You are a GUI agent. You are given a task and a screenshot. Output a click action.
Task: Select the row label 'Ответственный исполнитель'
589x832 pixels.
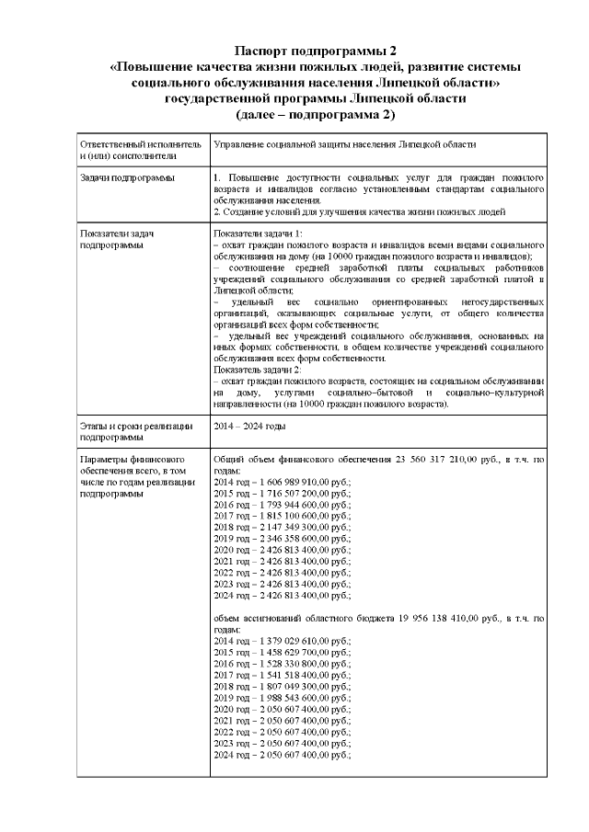[x=139, y=144]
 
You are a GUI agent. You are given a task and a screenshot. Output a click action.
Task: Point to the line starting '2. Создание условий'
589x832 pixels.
[x=359, y=211]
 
